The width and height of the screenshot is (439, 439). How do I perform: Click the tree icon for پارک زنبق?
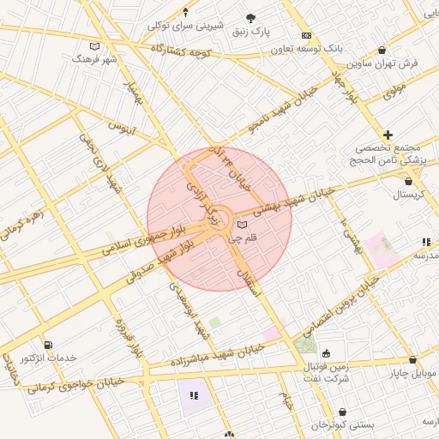[250, 18]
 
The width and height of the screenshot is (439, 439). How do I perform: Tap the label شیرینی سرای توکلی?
[186, 25]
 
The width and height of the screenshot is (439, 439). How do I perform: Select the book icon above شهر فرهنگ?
[93, 46]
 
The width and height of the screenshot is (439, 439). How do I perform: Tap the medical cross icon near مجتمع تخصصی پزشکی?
[388, 135]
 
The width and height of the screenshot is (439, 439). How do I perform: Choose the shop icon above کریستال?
[407, 181]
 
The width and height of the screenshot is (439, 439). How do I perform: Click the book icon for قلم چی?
[241, 224]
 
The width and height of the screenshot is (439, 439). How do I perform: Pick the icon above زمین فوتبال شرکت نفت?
[327, 353]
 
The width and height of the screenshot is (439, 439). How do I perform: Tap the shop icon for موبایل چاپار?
[413, 361]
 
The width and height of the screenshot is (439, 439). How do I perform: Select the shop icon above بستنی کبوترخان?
[343, 412]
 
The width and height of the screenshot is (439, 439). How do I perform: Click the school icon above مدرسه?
[425, 243]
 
